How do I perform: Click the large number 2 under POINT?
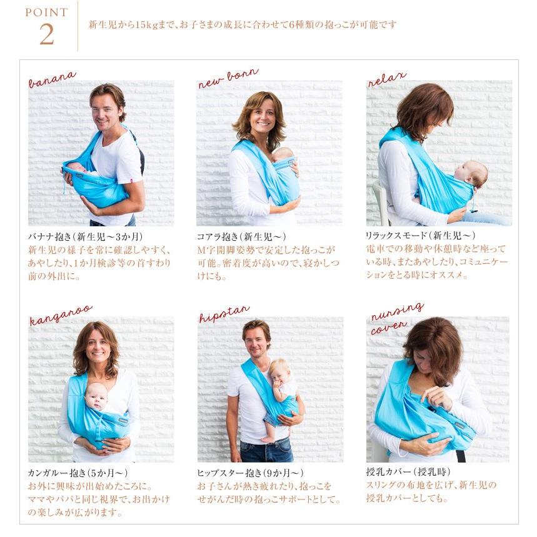(x=46, y=34)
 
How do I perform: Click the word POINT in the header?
(x=46, y=13)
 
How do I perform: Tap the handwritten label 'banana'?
(x=52, y=79)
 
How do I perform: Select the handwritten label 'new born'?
(x=228, y=79)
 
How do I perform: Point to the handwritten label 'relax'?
(x=387, y=79)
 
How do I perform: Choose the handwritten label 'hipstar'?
(x=224, y=314)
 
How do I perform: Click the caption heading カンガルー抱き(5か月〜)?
(x=78, y=472)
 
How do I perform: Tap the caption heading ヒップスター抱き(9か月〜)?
(x=250, y=472)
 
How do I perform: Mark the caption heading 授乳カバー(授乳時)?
(x=408, y=472)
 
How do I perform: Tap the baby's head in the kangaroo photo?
(x=96, y=395)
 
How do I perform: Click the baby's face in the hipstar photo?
(x=279, y=372)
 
